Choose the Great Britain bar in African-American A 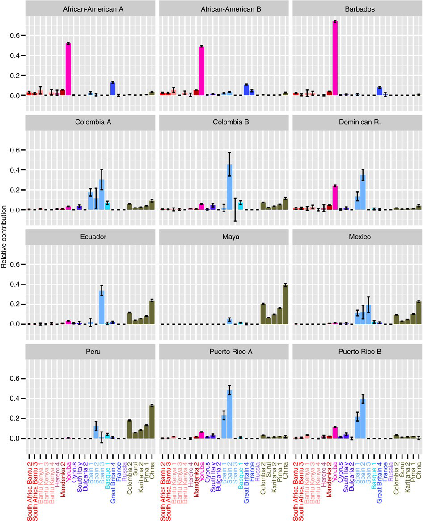point(113,89)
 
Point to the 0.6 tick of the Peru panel point(16,378)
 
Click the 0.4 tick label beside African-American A point(16,55)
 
